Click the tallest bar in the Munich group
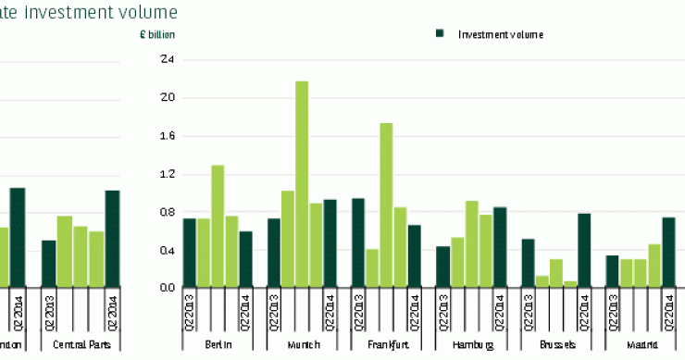[302, 184]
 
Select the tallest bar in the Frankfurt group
[386, 205]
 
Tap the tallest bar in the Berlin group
[218, 226]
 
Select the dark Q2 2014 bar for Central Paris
[112, 238]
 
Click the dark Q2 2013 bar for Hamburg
[442, 267]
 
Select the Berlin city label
[218, 344]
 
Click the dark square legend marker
[440, 34]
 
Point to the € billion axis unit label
[156, 34]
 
